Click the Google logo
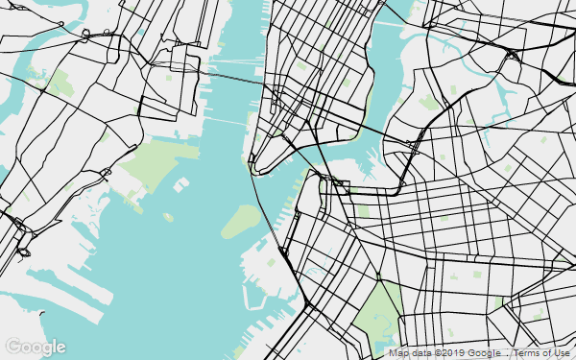click(36, 347)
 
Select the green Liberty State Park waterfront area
click(154, 158)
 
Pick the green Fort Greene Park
click(363, 210)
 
